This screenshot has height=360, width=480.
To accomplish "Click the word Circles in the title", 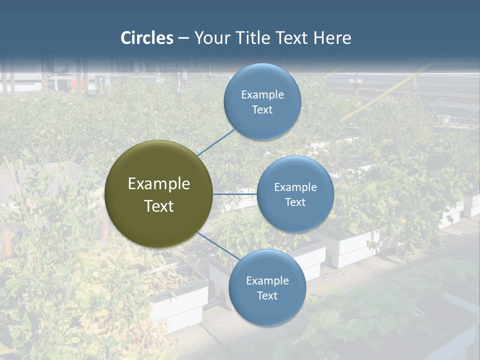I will (x=146, y=38).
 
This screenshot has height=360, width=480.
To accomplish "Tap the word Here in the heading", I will (x=332, y=38).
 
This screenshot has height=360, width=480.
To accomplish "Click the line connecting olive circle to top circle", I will (x=216, y=142).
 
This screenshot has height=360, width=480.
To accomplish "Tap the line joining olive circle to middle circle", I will (x=234, y=194).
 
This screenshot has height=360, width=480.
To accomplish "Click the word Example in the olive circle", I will (x=158, y=184).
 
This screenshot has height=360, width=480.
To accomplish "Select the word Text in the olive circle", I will (x=158, y=206).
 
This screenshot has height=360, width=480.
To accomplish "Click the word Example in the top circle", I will (x=262, y=94).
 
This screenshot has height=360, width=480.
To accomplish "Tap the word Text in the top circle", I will (x=262, y=109).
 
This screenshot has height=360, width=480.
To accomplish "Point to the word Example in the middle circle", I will (x=295, y=187).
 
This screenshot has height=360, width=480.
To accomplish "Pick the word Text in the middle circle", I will (x=295, y=202).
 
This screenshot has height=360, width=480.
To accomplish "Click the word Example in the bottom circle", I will (x=267, y=280).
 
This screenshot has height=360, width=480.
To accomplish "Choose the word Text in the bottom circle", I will (x=267, y=295).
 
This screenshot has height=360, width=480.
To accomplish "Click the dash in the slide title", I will (x=183, y=38).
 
